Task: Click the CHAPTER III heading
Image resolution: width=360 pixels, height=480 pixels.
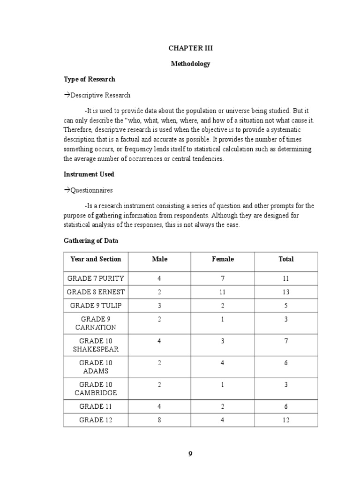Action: coord(190,48)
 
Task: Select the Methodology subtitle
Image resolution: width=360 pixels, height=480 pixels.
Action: coord(190,64)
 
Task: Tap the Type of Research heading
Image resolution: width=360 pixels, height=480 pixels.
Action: coord(89,79)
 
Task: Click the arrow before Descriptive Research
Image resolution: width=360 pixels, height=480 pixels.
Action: coord(67,95)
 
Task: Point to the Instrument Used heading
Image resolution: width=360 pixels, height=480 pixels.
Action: coord(89,174)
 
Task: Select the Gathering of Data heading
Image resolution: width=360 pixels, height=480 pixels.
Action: coord(91,240)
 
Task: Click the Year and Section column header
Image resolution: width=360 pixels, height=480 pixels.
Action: coord(96,259)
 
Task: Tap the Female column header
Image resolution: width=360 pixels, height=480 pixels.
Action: coord(223,259)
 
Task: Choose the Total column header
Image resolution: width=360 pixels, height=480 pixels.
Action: coord(286,259)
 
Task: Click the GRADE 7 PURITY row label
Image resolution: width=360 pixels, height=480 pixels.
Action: coord(96,278)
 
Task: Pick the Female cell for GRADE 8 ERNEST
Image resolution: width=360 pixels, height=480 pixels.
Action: coord(223,292)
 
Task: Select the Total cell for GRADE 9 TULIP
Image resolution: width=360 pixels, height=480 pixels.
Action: coord(286,306)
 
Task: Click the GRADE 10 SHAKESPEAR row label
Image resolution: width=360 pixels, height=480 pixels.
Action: coord(96,345)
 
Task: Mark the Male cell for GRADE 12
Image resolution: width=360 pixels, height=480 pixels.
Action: coord(159,420)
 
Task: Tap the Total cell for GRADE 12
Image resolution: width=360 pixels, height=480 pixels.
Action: coord(286,420)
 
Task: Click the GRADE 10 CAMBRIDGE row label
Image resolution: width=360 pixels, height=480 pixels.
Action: coord(96,389)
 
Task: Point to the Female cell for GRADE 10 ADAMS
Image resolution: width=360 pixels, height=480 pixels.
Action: coord(223,362)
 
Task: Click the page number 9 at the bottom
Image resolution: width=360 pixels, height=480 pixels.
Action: coord(190,454)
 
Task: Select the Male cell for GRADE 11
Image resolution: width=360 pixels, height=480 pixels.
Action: coord(159,406)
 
